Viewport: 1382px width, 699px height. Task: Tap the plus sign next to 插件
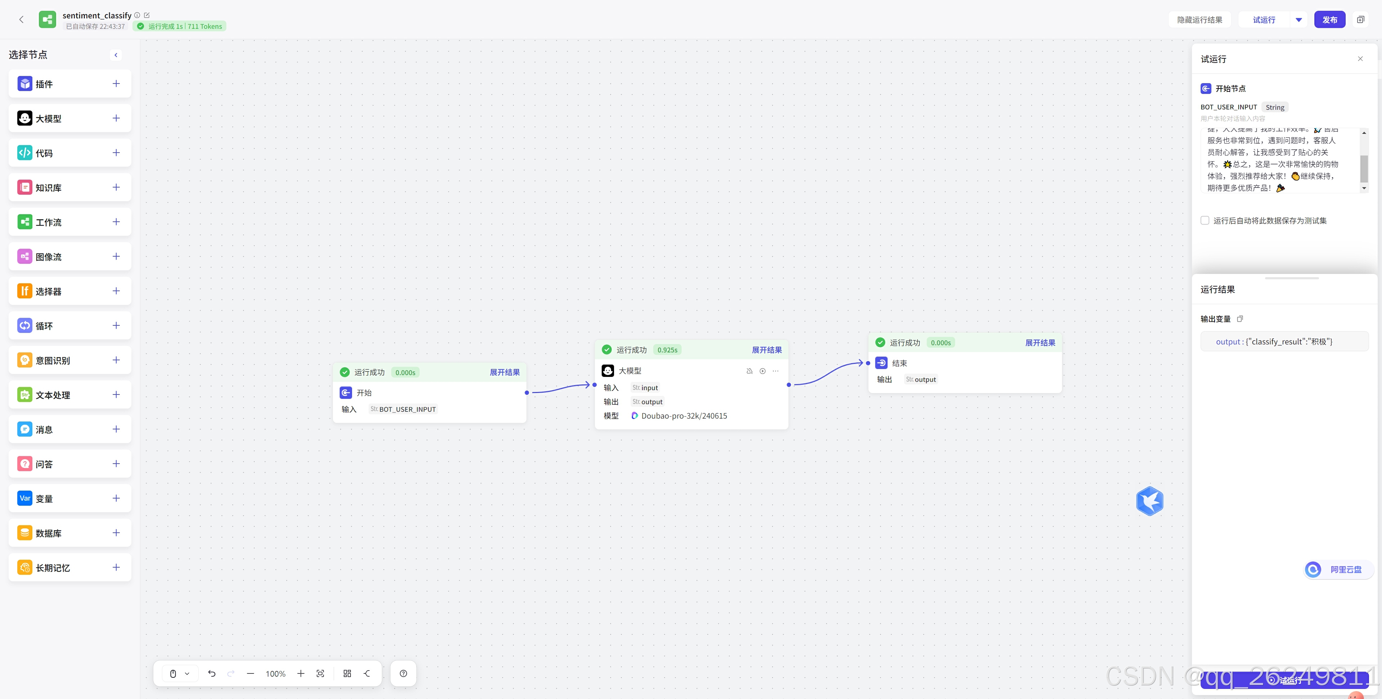[116, 84]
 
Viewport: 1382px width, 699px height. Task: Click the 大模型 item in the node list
[48, 118]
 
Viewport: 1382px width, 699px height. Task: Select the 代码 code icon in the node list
[25, 153]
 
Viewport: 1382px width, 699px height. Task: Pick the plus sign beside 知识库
[116, 187]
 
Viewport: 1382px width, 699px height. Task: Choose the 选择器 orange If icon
[25, 291]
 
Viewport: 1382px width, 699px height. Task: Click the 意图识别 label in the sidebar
[53, 361]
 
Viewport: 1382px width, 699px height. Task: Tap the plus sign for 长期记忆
[116, 567]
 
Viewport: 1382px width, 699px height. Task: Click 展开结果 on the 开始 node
[504, 372]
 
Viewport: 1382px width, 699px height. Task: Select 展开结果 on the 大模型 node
[766, 350]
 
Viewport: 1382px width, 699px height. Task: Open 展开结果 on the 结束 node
[1040, 343]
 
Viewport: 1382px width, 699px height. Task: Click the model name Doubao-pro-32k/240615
[684, 416]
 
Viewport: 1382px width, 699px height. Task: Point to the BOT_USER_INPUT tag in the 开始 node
[407, 409]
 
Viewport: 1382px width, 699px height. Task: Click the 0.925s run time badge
[667, 350]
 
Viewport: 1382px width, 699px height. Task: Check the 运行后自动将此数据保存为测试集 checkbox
[1205, 221]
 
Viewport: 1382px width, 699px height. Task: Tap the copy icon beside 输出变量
[1240, 319]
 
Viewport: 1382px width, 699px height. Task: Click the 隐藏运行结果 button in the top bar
[1199, 20]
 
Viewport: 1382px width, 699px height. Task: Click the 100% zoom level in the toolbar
[275, 674]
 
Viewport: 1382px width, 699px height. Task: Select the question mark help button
[403, 674]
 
